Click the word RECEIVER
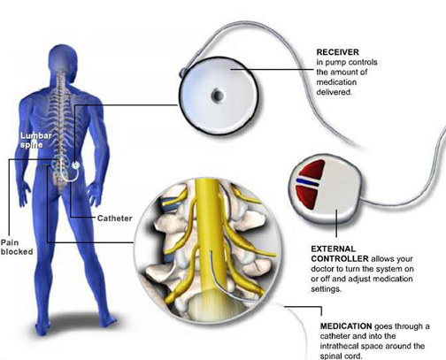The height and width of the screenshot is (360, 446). (338, 52)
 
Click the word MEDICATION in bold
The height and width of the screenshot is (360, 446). (346, 326)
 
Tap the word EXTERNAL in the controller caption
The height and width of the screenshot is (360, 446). (334, 249)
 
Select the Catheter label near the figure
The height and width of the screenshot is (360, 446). (115, 218)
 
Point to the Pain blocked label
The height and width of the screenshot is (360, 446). (17, 247)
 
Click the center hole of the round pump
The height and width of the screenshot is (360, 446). (218, 96)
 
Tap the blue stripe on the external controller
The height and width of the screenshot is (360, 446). (307, 182)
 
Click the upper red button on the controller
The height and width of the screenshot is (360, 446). (312, 171)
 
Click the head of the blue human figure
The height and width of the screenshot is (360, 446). (63, 57)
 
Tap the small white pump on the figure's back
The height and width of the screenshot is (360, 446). (76, 165)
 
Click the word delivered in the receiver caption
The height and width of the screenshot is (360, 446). (334, 92)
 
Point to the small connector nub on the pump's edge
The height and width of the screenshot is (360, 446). (183, 73)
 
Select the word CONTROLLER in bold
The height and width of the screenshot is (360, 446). (340, 259)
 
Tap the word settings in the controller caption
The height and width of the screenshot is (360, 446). (327, 289)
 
